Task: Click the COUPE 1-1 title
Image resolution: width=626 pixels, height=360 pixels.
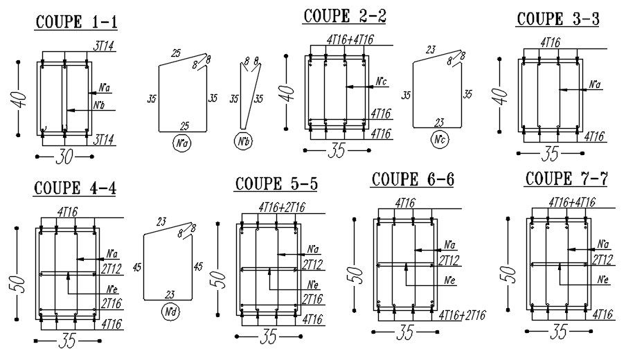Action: [x=76, y=22]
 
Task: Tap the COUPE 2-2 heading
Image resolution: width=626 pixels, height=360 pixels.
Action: [x=345, y=16]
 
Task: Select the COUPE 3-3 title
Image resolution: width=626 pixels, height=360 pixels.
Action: [x=557, y=19]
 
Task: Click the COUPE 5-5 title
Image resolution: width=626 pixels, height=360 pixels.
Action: [x=276, y=183]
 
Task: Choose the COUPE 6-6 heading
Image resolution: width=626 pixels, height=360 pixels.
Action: [x=413, y=179]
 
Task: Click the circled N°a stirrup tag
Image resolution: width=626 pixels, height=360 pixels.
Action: [x=183, y=145]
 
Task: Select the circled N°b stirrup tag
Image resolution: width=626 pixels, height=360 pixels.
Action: [x=243, y=145]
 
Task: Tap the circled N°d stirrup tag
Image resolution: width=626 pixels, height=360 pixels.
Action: [x=168, y=312]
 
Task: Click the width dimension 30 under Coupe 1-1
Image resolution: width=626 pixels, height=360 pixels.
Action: [x=64, y=159]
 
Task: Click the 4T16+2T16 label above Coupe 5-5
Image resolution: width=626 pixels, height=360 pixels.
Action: [x=281, y=206]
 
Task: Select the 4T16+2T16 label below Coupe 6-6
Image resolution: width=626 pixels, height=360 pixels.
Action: [x=463, y=315]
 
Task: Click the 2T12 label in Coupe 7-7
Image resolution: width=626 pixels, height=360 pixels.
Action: [x=604, y=260]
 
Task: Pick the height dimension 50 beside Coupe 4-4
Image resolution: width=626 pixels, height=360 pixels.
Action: [x=19, y=283]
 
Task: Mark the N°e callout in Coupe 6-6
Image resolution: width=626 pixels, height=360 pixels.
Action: [x=451, y=280]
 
